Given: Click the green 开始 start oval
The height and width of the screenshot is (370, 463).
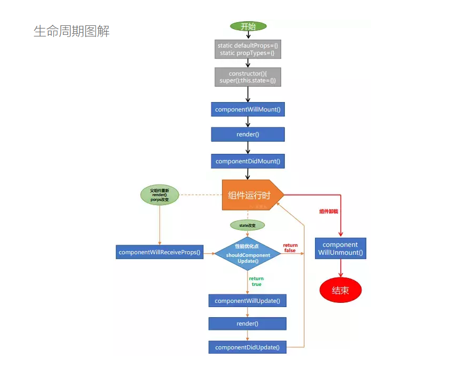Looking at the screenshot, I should (x=248, y=26).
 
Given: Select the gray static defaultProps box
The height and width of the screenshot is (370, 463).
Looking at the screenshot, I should (x=248, y=50).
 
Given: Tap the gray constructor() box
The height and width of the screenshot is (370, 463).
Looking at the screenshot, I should (x=248, y=77).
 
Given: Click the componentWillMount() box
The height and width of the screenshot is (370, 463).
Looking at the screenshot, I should (x=248, y=109).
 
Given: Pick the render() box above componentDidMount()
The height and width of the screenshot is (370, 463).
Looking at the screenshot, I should (x=248, y=134).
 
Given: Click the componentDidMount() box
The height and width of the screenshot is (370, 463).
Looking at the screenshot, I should (x=248, y=161).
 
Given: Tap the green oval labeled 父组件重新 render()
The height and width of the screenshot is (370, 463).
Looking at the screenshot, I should (x=159, y=195).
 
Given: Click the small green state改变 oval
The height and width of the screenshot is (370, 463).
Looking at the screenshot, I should (x=247, y=225).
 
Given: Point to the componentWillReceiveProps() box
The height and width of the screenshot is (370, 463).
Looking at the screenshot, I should (x=160, y=252).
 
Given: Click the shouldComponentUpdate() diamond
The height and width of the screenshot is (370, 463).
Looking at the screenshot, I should (x=248, y=253).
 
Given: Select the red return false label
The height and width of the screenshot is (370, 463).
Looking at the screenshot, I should (x=290, y=248).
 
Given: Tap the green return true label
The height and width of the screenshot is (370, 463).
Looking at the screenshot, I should (x=256, y=281).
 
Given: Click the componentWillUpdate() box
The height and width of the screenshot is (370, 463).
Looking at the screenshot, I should (x=247, y=301).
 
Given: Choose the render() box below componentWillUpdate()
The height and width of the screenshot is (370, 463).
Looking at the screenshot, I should (x=247, y=323).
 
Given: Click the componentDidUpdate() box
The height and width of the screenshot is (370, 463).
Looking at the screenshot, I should (x=247, y=347).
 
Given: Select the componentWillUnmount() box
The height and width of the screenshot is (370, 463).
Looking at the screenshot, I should (x=340, y=249).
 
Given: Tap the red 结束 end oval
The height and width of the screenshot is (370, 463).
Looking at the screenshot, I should (x=340, y=290).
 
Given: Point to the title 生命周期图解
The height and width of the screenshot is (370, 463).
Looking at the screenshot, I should (x=71, y=31).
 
